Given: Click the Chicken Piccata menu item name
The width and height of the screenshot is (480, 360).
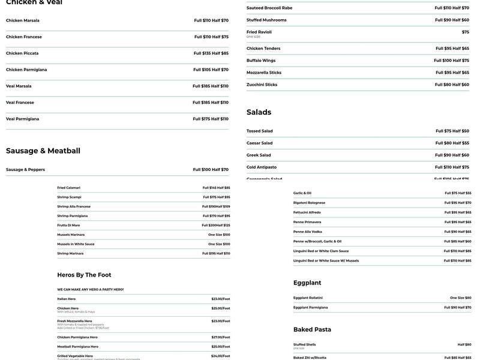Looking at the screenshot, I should click(x=22, y=53).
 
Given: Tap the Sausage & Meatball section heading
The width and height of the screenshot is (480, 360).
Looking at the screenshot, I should click(x=43, y=151).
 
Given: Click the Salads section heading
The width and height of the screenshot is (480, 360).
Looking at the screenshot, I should click(x=259, y=112).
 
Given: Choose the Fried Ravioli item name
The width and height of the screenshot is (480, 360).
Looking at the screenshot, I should click(x=259, y=32).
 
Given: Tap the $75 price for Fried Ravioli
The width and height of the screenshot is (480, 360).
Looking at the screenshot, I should click(x=465, y=32).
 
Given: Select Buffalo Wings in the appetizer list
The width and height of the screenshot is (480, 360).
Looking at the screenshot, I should click(x=261, y=61).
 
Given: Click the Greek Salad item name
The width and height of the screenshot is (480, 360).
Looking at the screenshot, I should click(x=259, y=155).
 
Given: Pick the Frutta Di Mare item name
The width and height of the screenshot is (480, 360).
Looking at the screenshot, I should click(x=68, y=225).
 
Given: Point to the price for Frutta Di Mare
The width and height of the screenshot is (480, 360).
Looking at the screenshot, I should click(x=215, y=225).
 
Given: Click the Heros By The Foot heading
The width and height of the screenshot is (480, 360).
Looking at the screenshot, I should click(x=84, y=275).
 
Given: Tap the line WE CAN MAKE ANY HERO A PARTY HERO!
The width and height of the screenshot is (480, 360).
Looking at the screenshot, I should click(x=91, y=289).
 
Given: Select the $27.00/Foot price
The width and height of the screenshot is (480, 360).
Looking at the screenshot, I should click(x=220, y=337).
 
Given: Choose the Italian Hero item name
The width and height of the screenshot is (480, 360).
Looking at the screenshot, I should click(x=67, y=299).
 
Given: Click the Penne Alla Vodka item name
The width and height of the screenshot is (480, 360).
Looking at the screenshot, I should click(x=307, y=232).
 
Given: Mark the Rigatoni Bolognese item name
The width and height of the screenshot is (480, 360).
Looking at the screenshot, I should click(x=309, y=203).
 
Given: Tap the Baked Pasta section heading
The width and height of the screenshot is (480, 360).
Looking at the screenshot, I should click(x=312, y=329).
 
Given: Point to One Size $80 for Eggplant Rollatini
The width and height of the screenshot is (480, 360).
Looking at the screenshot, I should click(x=460, y=298).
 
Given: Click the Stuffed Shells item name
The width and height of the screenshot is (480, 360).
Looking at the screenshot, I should click(x=304, y=344).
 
